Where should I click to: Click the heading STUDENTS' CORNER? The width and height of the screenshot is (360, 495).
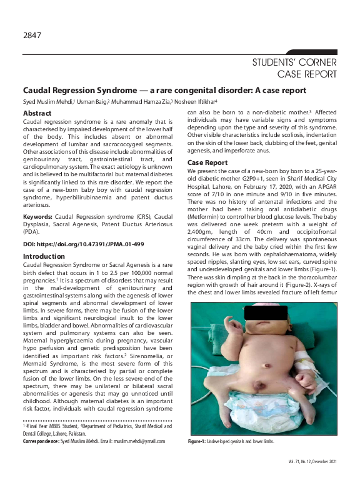[x=294, y=62]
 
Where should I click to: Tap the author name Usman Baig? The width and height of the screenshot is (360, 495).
[x=94, y=101]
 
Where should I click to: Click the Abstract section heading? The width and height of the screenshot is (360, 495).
[x=37, y=112]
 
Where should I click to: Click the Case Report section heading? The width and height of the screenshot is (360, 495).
[x=207, y=163]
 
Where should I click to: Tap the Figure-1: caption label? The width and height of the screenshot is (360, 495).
[x=198, y=441]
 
